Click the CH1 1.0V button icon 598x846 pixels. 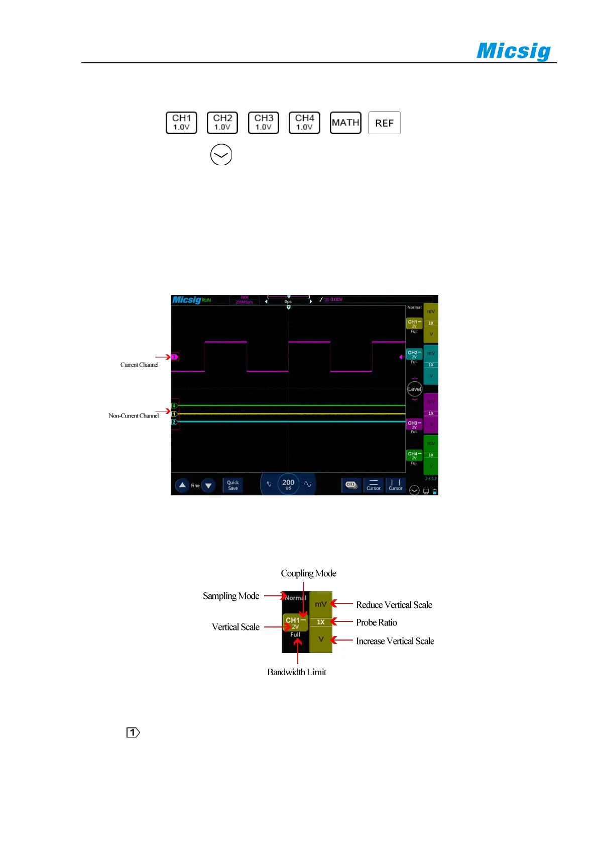tap(181, 123)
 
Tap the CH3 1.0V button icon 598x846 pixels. tap(264, 123)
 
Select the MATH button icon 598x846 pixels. tap(345, 123)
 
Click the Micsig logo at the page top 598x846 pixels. tap(513, 51)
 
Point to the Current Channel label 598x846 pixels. tap(139, 365)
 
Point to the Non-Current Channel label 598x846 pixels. tap(134, 415)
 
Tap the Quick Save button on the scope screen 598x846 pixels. tap(233, 485)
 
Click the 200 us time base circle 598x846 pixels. tap(288, 484)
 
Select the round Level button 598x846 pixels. tap(414, 389)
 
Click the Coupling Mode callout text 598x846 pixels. tap(308, 573)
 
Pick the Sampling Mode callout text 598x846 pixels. tap(231, 596)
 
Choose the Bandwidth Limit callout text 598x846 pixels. tap(296, 672)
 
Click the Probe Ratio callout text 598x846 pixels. tap(377, 622)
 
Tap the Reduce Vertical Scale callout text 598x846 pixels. tap(394, 605)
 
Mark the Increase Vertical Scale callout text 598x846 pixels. tap(395, 641)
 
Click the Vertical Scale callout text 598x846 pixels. tap(235, 627)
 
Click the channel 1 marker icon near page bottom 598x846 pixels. tap(133, 732)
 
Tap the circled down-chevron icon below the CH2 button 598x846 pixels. tap(221, 155)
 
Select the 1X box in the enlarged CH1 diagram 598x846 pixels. tap(321, 622)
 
